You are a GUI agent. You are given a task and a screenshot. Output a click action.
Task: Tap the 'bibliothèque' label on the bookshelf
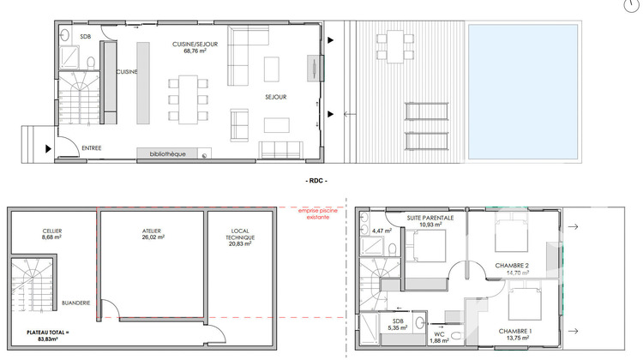(x=167, y=154)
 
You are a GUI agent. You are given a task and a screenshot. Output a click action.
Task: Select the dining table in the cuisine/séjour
(x=188, y=99)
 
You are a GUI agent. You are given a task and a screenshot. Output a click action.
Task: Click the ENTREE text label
(x=92, y=148)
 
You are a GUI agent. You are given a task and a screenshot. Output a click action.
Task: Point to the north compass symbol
(x=634, y=4)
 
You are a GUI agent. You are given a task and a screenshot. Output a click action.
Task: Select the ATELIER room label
(x=152, y=231)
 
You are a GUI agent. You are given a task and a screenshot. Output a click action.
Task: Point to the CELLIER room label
(x=51, y=231)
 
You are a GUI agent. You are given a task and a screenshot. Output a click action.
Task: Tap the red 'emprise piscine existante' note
(x=315, y=214)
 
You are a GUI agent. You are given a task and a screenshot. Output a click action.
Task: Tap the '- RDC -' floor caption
(x=317, y=182)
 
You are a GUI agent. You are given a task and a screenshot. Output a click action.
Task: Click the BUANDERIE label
(x=76, y=303)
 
